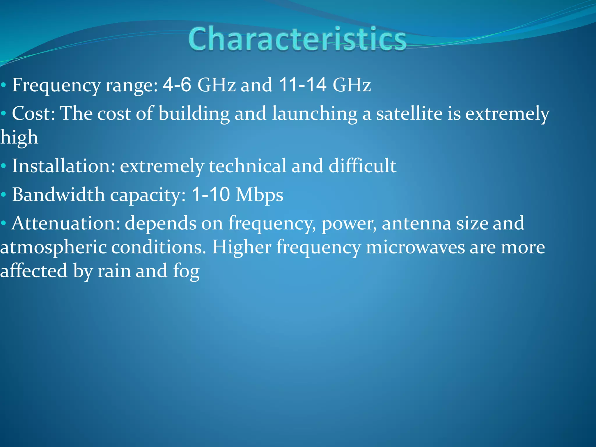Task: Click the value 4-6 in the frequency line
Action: [x=177, y=85]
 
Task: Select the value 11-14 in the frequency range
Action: [x=303, y=85]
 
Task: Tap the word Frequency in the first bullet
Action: [x=56, y=86]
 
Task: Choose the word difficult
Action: [x=362, y=166]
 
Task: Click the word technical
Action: [x=247, y=166]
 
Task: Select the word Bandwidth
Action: [x=58, y=194]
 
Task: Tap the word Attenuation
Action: [x=65, y=223]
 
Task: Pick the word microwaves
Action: [x=415, y=247]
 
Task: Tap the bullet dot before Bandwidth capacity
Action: [x=3, y=195]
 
